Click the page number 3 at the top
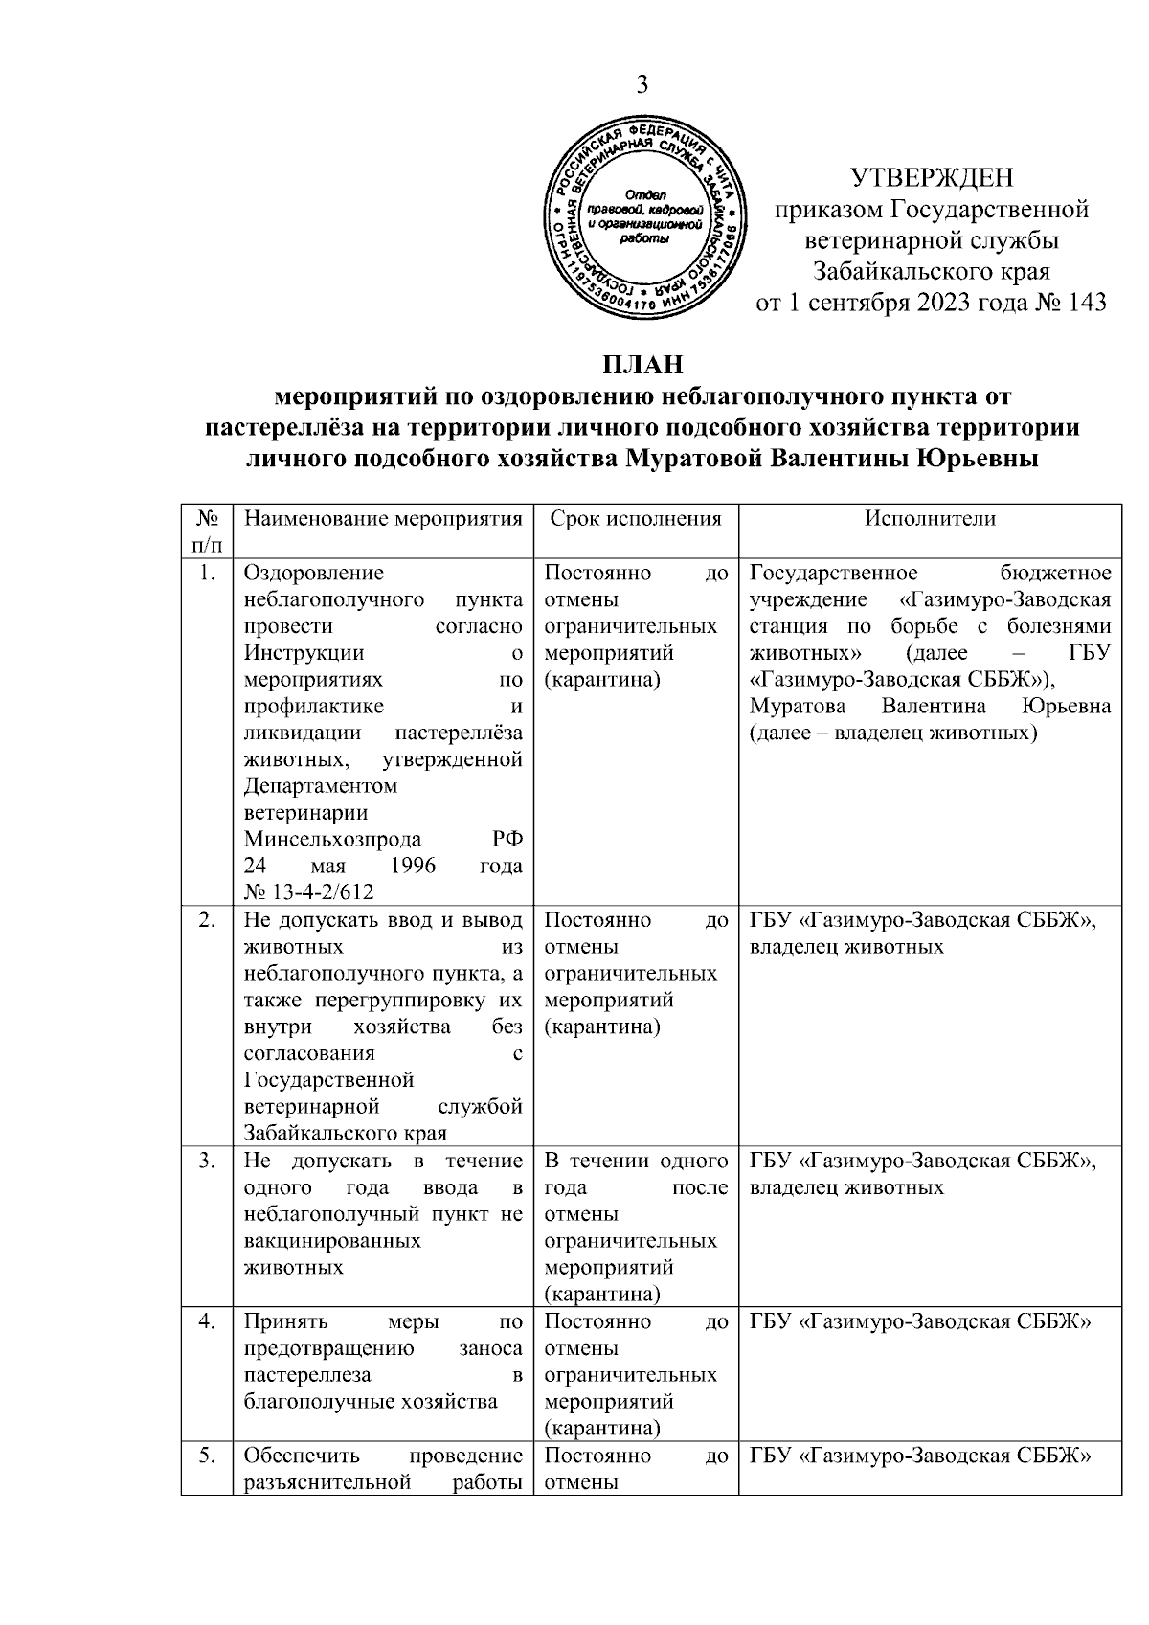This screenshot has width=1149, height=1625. (x=642, y=84)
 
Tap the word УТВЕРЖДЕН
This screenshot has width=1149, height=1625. (x=932, y=178)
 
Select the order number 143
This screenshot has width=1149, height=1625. (x=1083, y=304)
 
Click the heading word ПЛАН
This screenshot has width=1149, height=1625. (x=642, y=366)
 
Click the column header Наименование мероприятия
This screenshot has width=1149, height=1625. (x=383, y=519)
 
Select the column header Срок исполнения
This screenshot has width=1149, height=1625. (x=636, y=519)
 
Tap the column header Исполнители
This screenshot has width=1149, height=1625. (x=930, y=519)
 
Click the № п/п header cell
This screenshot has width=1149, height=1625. (x=207, y=531)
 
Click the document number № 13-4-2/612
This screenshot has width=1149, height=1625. (x=308, y=892)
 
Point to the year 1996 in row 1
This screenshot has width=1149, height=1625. (x=414, y=866)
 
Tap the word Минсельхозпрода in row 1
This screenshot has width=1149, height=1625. (x=332, y=839)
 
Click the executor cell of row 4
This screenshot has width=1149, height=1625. (x=921, y=1321)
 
